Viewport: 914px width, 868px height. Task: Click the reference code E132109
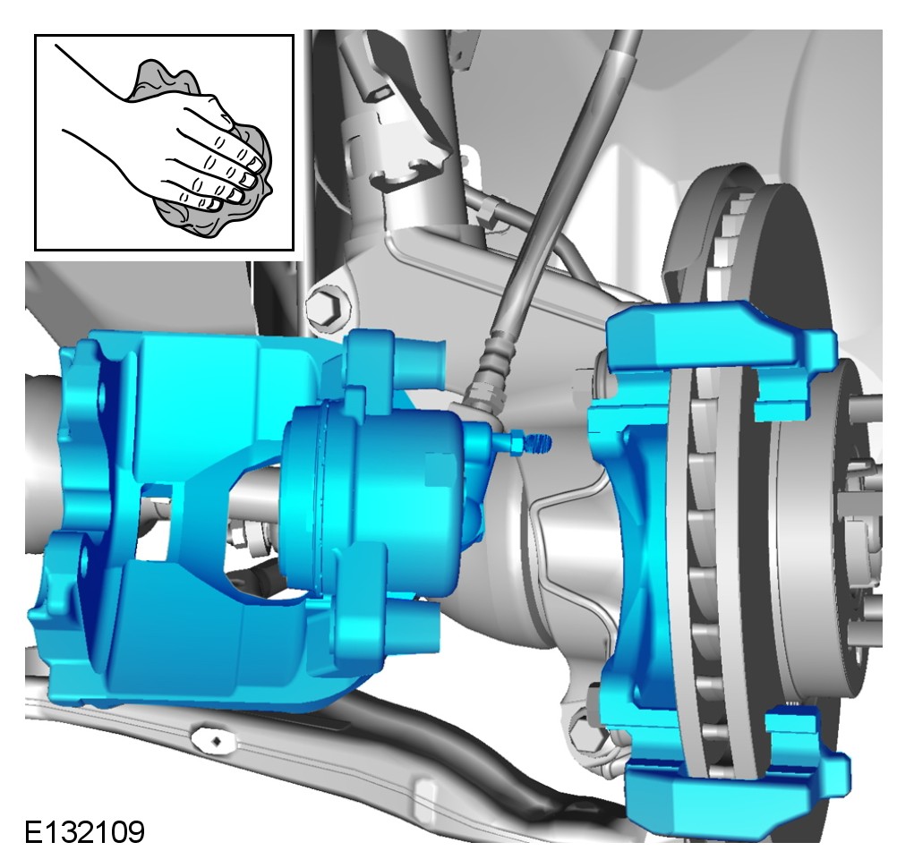click(x=84, y=832)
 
